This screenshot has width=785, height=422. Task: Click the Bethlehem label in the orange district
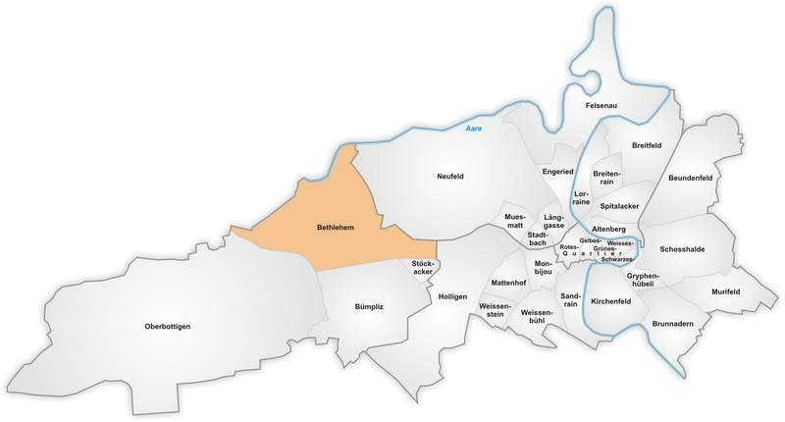click(x=335, y=228)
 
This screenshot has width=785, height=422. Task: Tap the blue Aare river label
click(x=475, y=130)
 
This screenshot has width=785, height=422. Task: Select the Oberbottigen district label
click(x=167, y=326)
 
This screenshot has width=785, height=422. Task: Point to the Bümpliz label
click(x=369, y=307)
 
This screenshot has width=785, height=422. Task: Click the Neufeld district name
click(x=449, y=177)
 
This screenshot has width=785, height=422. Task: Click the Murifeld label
click(x=725, y=292)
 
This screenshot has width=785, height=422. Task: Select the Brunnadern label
click(x=672, y=323)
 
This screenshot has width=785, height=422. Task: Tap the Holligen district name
click(x=452, y=295)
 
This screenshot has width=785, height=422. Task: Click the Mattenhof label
click(x=508, y=283)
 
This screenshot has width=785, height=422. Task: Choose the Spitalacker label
click(x=619, y=207)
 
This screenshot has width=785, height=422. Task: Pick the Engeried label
click(x=557, y=172)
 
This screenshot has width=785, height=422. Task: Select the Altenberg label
click(x=608, y=229)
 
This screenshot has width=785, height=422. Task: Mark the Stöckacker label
click(x=423, y=267)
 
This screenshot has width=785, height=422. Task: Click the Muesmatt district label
click(x=514, y=221)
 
